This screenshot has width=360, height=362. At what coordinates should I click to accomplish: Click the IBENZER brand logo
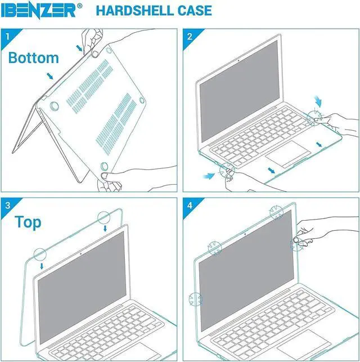coord(42,10)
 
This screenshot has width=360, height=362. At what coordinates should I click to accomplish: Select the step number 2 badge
coord(190,37)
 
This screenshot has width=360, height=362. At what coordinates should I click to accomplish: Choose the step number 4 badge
coord(190,205)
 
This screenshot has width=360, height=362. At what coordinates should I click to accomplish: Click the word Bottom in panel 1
coord(33,57)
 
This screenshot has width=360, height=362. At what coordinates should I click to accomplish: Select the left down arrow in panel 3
coord(43,265)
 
